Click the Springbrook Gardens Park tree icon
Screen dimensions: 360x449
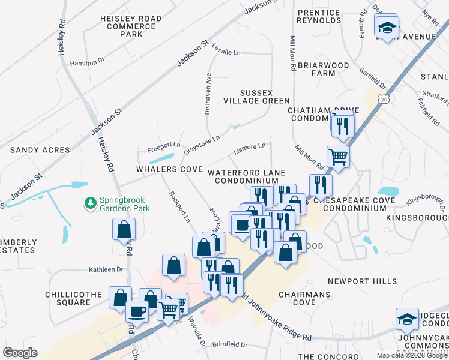pos(91,203)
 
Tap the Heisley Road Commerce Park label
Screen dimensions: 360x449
pos(131,26)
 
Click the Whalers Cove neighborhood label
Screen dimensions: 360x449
pos(169,170)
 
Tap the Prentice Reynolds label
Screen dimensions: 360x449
pos(319,16)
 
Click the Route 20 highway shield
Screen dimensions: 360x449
pos(384,100)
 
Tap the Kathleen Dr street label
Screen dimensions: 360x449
pos(106,269)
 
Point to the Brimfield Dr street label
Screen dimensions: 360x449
pos(231,345)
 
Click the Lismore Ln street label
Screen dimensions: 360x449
pos(250,146)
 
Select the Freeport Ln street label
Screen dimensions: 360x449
pos(164,145)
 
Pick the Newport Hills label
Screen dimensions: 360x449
pos(363,281)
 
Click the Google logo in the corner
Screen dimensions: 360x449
pos(20,352)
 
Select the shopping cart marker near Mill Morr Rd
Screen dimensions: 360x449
pos(339,157)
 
